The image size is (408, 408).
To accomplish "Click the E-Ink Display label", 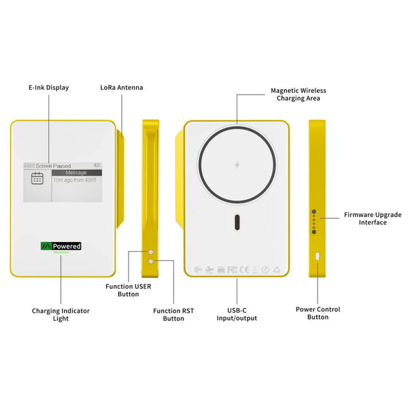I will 48,88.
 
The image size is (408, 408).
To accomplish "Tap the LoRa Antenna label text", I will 122,88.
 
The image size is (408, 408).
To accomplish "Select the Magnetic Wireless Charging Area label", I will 299,94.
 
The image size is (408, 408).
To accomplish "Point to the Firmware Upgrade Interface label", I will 373,218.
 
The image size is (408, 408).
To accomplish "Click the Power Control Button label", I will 318,313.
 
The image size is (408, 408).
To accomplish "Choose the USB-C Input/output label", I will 237,313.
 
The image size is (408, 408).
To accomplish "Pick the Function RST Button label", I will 173,314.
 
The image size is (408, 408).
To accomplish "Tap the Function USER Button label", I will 128,290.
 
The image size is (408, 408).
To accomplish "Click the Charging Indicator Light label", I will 61,314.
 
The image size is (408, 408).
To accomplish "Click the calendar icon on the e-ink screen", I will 37,179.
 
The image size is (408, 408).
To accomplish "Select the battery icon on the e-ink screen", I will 97,165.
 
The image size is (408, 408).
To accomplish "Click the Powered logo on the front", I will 61,246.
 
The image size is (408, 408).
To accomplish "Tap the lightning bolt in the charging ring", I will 237,165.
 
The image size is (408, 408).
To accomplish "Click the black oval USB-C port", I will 237,222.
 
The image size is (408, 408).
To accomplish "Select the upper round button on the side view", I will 151,252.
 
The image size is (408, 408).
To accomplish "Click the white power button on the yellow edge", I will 318,256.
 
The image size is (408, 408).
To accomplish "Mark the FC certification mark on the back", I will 231,269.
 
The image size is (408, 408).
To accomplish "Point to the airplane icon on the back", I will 209,269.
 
